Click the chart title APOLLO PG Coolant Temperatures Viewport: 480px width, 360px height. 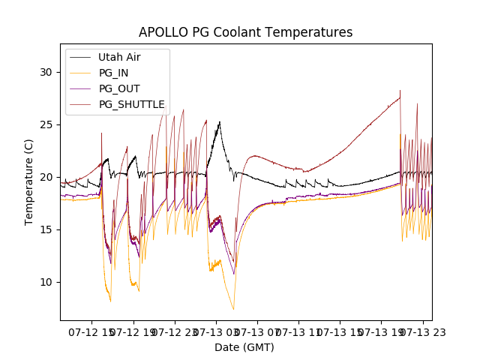click(245, 32)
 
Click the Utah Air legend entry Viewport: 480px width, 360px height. click(119, 57)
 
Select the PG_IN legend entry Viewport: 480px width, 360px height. click(113, 73)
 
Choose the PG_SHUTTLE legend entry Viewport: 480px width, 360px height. click(131, 104)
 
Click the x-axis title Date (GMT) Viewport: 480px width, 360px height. click(244, 347)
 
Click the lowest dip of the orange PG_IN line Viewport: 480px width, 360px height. click(233, 309)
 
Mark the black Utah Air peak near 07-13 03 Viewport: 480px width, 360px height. click(220, 121)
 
